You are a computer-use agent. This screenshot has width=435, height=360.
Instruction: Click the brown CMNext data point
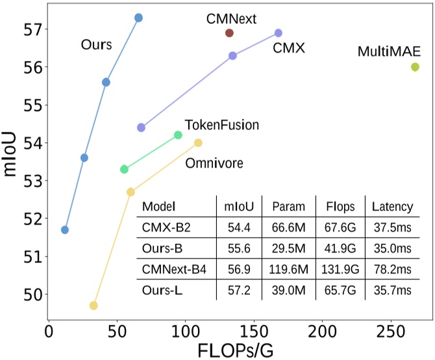coord(229,33)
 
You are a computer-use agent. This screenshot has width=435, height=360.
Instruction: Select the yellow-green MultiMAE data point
coord(415,67)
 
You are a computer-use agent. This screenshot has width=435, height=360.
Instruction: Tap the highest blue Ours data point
coord(138,18)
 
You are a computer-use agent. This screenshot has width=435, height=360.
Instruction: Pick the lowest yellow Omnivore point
coord(93,305)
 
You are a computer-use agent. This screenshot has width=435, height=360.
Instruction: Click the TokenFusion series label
coord(222,124)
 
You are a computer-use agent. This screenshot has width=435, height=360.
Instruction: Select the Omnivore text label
coord(214,162)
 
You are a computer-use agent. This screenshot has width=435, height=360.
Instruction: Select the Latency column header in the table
coord(391,207)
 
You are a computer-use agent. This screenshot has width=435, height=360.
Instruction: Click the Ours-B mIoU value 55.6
coord(237,248)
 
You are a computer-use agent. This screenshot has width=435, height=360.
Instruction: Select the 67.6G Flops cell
coord(338,227)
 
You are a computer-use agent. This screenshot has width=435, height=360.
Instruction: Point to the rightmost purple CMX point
coord(279,33)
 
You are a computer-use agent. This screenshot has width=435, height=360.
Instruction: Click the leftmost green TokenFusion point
coord(124,169)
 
